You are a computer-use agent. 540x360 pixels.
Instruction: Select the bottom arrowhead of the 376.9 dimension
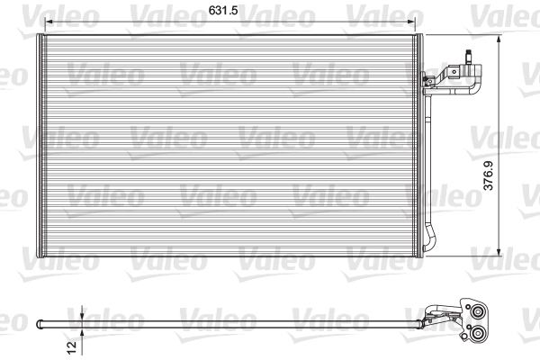(x=500, y=254)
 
